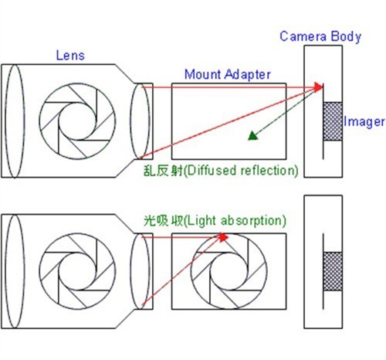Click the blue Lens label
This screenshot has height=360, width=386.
[x=70, y=56]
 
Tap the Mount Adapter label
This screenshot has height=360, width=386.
[x=228, y=75]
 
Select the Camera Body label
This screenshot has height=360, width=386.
[x=320, y=36]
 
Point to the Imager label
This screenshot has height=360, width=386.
[x=364, y=121]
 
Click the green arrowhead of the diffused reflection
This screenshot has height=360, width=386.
[x=253, y=136]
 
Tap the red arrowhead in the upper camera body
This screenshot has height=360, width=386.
[x=319, y=87]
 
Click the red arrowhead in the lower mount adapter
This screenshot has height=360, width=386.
[x=224, y=237]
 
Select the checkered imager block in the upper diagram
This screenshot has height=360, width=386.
[x=333, y=121]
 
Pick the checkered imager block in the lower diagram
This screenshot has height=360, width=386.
[x=333, y=271]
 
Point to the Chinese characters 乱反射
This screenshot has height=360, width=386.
[x=163, y=171]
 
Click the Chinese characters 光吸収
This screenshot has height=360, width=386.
[x=163, y=220]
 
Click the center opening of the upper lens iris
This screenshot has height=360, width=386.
[x=77, y=121]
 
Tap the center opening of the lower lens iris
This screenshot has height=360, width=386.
[x=77, y=271]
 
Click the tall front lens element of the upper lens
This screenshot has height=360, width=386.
[x=5, y=121]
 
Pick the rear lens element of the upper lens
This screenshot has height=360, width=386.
[x=130, y=121]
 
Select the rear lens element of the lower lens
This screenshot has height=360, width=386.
[x=130, y=271]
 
